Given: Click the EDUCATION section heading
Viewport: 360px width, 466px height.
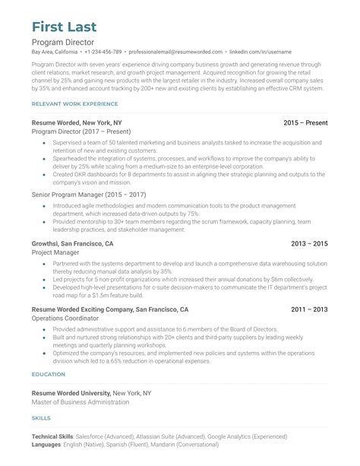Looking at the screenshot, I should coord(48,374).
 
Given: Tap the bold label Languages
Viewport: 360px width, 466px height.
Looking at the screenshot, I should coord(47,446).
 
